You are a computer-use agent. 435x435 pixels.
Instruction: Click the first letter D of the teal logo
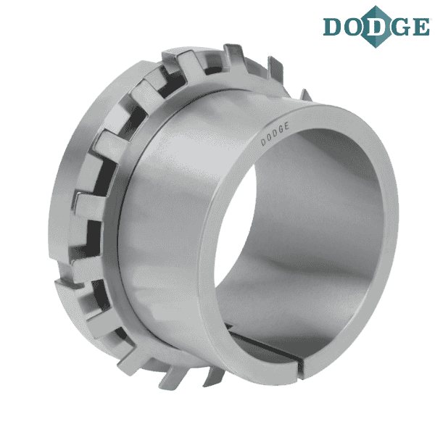[332, 27]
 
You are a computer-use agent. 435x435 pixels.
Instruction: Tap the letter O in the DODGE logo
[353, 27]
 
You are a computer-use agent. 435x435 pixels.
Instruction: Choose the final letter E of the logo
[420, 27]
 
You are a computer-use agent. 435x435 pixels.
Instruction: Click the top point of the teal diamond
[376, 6]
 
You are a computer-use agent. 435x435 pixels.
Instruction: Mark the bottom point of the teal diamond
[376, 48]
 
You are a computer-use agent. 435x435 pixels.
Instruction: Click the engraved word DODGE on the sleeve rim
[275, 134]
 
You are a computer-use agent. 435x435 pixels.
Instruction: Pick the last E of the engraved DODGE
[286, 126]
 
